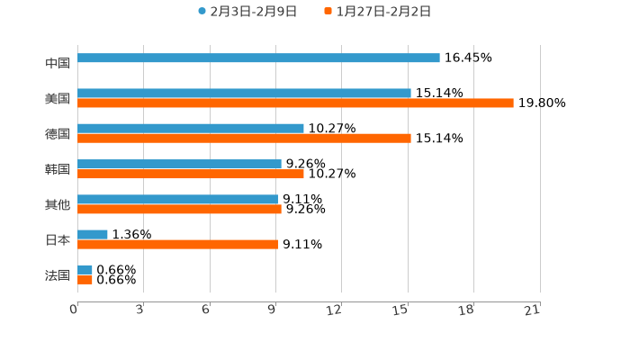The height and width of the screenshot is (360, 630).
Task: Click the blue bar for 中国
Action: pos(258,58)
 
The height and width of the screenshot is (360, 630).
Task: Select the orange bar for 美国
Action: pos(295,103)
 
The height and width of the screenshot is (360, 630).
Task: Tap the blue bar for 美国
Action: pos(244,93)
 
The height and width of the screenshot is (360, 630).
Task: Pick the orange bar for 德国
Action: pos(244,139)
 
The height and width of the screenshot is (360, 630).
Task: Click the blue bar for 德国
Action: pos(191,129)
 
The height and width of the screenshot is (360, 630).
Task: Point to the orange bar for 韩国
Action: pos(191,174)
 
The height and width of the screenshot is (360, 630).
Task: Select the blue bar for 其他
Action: pos(177,199)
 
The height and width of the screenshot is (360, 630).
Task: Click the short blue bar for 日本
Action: pos(93,235)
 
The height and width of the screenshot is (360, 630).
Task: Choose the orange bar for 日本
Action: pos(177,245)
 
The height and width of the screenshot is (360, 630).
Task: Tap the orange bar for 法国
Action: pos(85,280)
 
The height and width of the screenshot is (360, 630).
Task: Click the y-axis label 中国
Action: pos(58,63)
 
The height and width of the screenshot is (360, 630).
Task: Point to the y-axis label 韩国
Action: pos(58,169)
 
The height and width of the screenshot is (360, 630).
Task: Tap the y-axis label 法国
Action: pos(58,274)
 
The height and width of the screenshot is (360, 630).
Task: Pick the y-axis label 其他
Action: pos(58,204)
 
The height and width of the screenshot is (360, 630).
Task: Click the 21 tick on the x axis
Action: pos(532,310)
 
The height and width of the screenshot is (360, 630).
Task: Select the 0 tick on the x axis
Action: pos(74,310)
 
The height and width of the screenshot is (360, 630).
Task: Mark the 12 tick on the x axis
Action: pos(334,310)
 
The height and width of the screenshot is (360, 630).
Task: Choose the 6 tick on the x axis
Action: pos(206,310)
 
